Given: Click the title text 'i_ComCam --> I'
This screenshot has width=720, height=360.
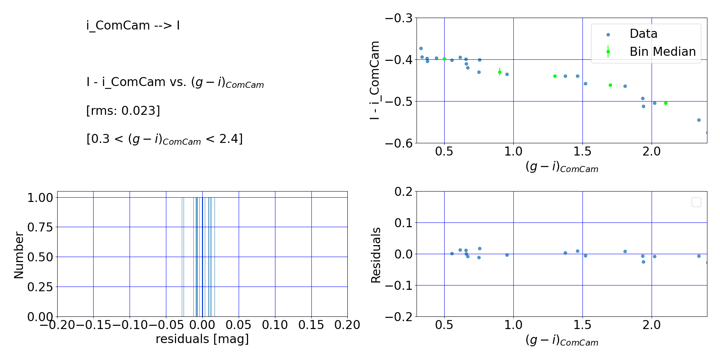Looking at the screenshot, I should pyautogui.click(x=133, y=26).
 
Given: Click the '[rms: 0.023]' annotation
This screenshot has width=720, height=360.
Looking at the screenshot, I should pyautogui.click(x=123, y=111).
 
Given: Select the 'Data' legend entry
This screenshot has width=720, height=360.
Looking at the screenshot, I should pyautogui.click(x=643, y=34).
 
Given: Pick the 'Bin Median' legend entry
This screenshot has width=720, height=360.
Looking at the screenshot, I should pyautogui.click(x=662, y=52).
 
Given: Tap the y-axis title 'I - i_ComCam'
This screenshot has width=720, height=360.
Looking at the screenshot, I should pyautogui.click(x=375, y=80).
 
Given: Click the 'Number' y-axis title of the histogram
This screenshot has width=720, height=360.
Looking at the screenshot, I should pyautogui.click(x=19, y=255).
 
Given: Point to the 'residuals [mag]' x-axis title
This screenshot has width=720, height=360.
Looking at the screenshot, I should pyautogui.click(x=202, y=339).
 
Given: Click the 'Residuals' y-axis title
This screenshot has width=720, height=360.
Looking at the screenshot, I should pyautogui.click(x=376, y=255).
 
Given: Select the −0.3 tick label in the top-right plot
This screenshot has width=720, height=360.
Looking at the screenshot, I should pyautogui.click(x=399, y=18).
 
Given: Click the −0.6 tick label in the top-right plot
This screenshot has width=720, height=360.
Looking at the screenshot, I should pyautogui.click(x=399, y=143).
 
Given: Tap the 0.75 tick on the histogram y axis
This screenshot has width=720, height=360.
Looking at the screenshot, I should pyautogui.click(x=40, y=227).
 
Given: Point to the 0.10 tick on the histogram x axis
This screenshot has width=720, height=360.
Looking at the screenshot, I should pyautogui.click(x=275, y=325).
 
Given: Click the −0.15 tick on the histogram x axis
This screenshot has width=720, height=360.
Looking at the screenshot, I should pyautogui.click(x=94, y=325).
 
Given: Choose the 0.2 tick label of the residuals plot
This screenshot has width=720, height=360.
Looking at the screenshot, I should pyautogui.click(x=404, y=192).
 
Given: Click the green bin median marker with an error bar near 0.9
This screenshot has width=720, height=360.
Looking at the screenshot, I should pyautogui.click(x=500, y=72).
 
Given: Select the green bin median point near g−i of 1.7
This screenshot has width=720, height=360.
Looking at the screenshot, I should pyautogui.click(x=610, y=85).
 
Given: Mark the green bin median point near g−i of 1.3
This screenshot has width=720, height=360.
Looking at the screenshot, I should pyautogui.click(x=555, y=76).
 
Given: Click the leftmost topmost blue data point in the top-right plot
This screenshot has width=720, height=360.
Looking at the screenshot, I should pyautogui.click(x=421, y=48).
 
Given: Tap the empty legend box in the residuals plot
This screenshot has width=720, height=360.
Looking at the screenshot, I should pyautogui.click(x=696, y=202).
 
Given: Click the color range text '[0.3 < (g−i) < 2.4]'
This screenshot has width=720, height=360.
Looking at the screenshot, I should pyautogui.click(x=165, y=139).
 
